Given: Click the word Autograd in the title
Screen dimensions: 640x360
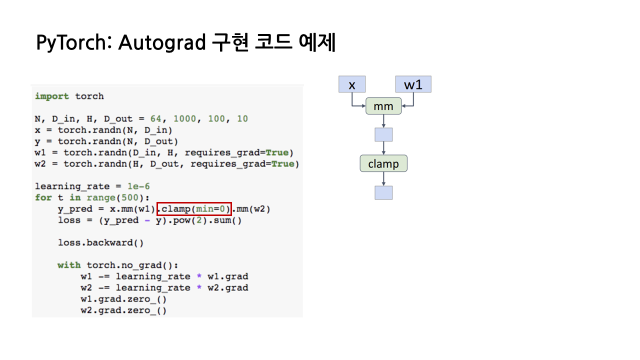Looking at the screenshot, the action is [161, 42].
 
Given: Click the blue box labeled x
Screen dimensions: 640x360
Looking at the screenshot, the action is [352, 84].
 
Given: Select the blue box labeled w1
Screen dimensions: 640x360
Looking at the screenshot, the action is [413, 84].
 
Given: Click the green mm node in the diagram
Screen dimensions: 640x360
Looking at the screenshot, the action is [383, 106].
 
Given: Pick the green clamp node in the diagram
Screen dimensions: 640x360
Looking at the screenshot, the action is [383, 163].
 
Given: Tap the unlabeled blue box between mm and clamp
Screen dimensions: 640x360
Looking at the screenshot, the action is [383, 134].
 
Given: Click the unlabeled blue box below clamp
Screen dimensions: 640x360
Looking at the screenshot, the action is [383, 192].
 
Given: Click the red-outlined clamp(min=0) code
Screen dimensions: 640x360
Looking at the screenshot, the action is [194, 208].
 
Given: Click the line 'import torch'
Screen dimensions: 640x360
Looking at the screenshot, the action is [69, 96].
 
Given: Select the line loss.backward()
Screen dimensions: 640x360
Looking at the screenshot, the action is [100, 242].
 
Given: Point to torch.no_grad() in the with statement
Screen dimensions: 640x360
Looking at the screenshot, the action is [132, 265].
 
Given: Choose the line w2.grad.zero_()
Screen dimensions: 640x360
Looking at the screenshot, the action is [123, 310].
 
